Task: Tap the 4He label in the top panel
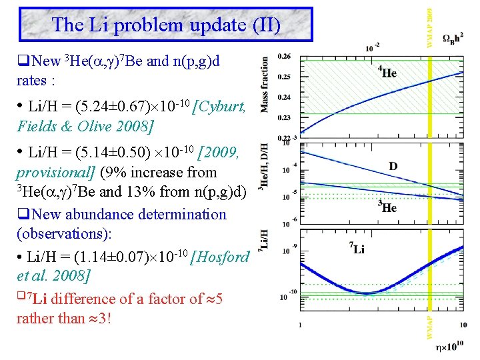[x=387, y=71]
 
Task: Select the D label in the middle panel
[x=393, y=165]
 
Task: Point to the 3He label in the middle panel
[x=387, y=207]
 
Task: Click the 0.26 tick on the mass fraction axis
[x=284, y=56]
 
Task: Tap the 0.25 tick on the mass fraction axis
[x=284, y=77]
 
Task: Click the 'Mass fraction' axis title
[x=265, y=84]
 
